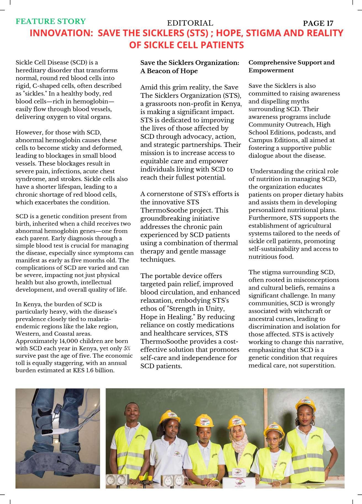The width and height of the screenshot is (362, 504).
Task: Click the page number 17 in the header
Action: [329, 23]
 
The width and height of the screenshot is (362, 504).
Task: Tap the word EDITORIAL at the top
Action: [190, 23]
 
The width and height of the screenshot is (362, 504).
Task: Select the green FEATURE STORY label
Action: [51, 22]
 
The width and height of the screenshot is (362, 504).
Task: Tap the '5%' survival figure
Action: [127, 349]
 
